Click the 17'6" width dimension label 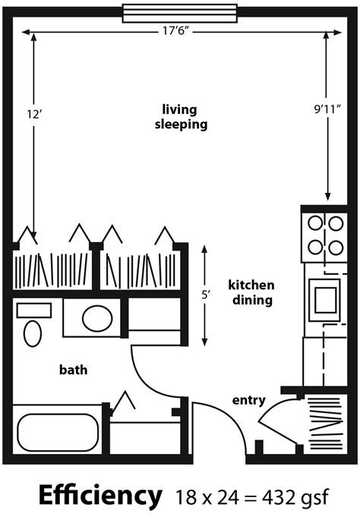coord(175,31)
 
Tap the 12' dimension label coord(34,115)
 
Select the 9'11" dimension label coord(327,109)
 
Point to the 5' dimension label coord(206,295)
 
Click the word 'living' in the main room coord(179,109)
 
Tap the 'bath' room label coord(73,369)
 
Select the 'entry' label coord(249,400)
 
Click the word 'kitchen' coord(251,285)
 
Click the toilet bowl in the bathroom coord(33,333)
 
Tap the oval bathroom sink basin coord(97,319)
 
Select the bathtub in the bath coord(58,433)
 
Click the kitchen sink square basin coord(326,300)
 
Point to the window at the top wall coord(180,13)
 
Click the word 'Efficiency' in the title coord(100,495)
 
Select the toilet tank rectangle coord(34,311)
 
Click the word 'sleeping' coord(182,125)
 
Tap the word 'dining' coord(252,300)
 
